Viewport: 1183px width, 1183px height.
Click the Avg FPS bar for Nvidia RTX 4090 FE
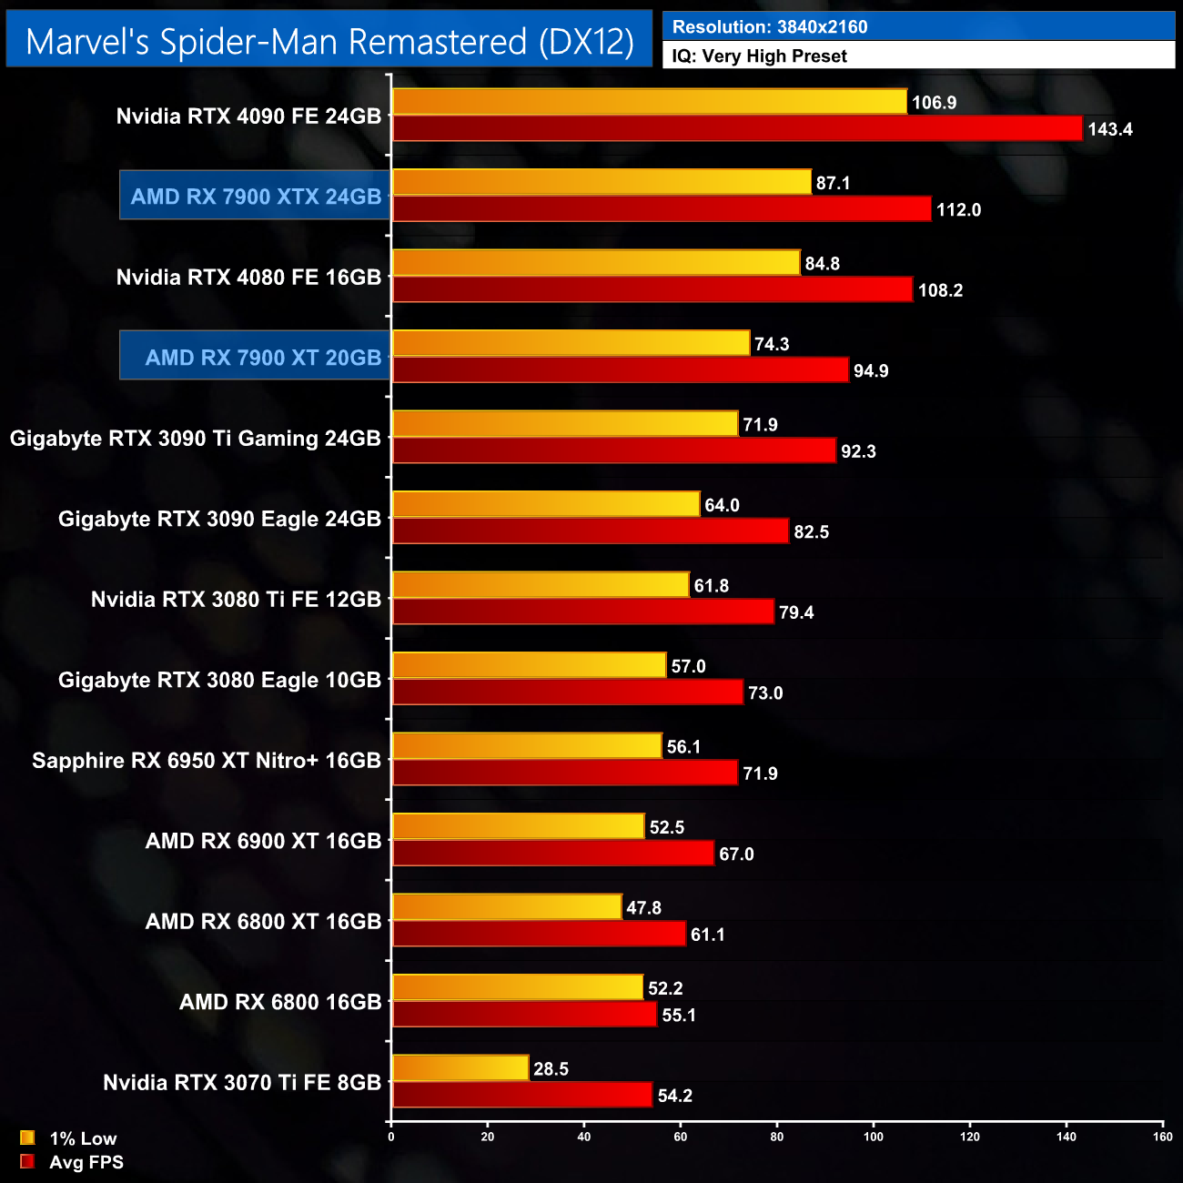tap(737, 128)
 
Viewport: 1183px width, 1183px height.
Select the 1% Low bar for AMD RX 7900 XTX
tap(602, 182)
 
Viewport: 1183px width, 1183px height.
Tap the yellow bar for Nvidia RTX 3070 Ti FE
tap(460, 1067)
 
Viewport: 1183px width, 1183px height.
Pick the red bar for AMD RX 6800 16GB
tap(524, 1014)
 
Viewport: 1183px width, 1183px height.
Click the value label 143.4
tap(1109, 129)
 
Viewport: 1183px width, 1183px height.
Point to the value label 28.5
tap(551, 1068)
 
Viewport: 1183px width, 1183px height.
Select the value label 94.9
tap(870, 370)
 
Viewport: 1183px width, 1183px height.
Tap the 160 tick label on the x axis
tap(1162, 1136)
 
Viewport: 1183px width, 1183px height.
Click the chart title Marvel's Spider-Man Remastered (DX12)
tap(329, 42)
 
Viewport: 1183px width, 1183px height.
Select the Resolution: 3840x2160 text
tap(770, 27)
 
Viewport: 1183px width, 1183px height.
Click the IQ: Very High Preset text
tap(759, 56)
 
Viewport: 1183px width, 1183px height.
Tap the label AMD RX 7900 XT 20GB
tap(263, 358)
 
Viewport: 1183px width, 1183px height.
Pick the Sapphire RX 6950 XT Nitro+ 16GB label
tap(207, 760)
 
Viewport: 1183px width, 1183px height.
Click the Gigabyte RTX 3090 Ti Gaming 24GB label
tap(196, 438)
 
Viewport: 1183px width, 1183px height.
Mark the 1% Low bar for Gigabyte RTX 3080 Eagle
tap(529, 665)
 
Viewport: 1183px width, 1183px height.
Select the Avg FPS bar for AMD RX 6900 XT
tap(552, 853)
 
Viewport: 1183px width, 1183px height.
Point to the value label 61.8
tap(711, 585)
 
